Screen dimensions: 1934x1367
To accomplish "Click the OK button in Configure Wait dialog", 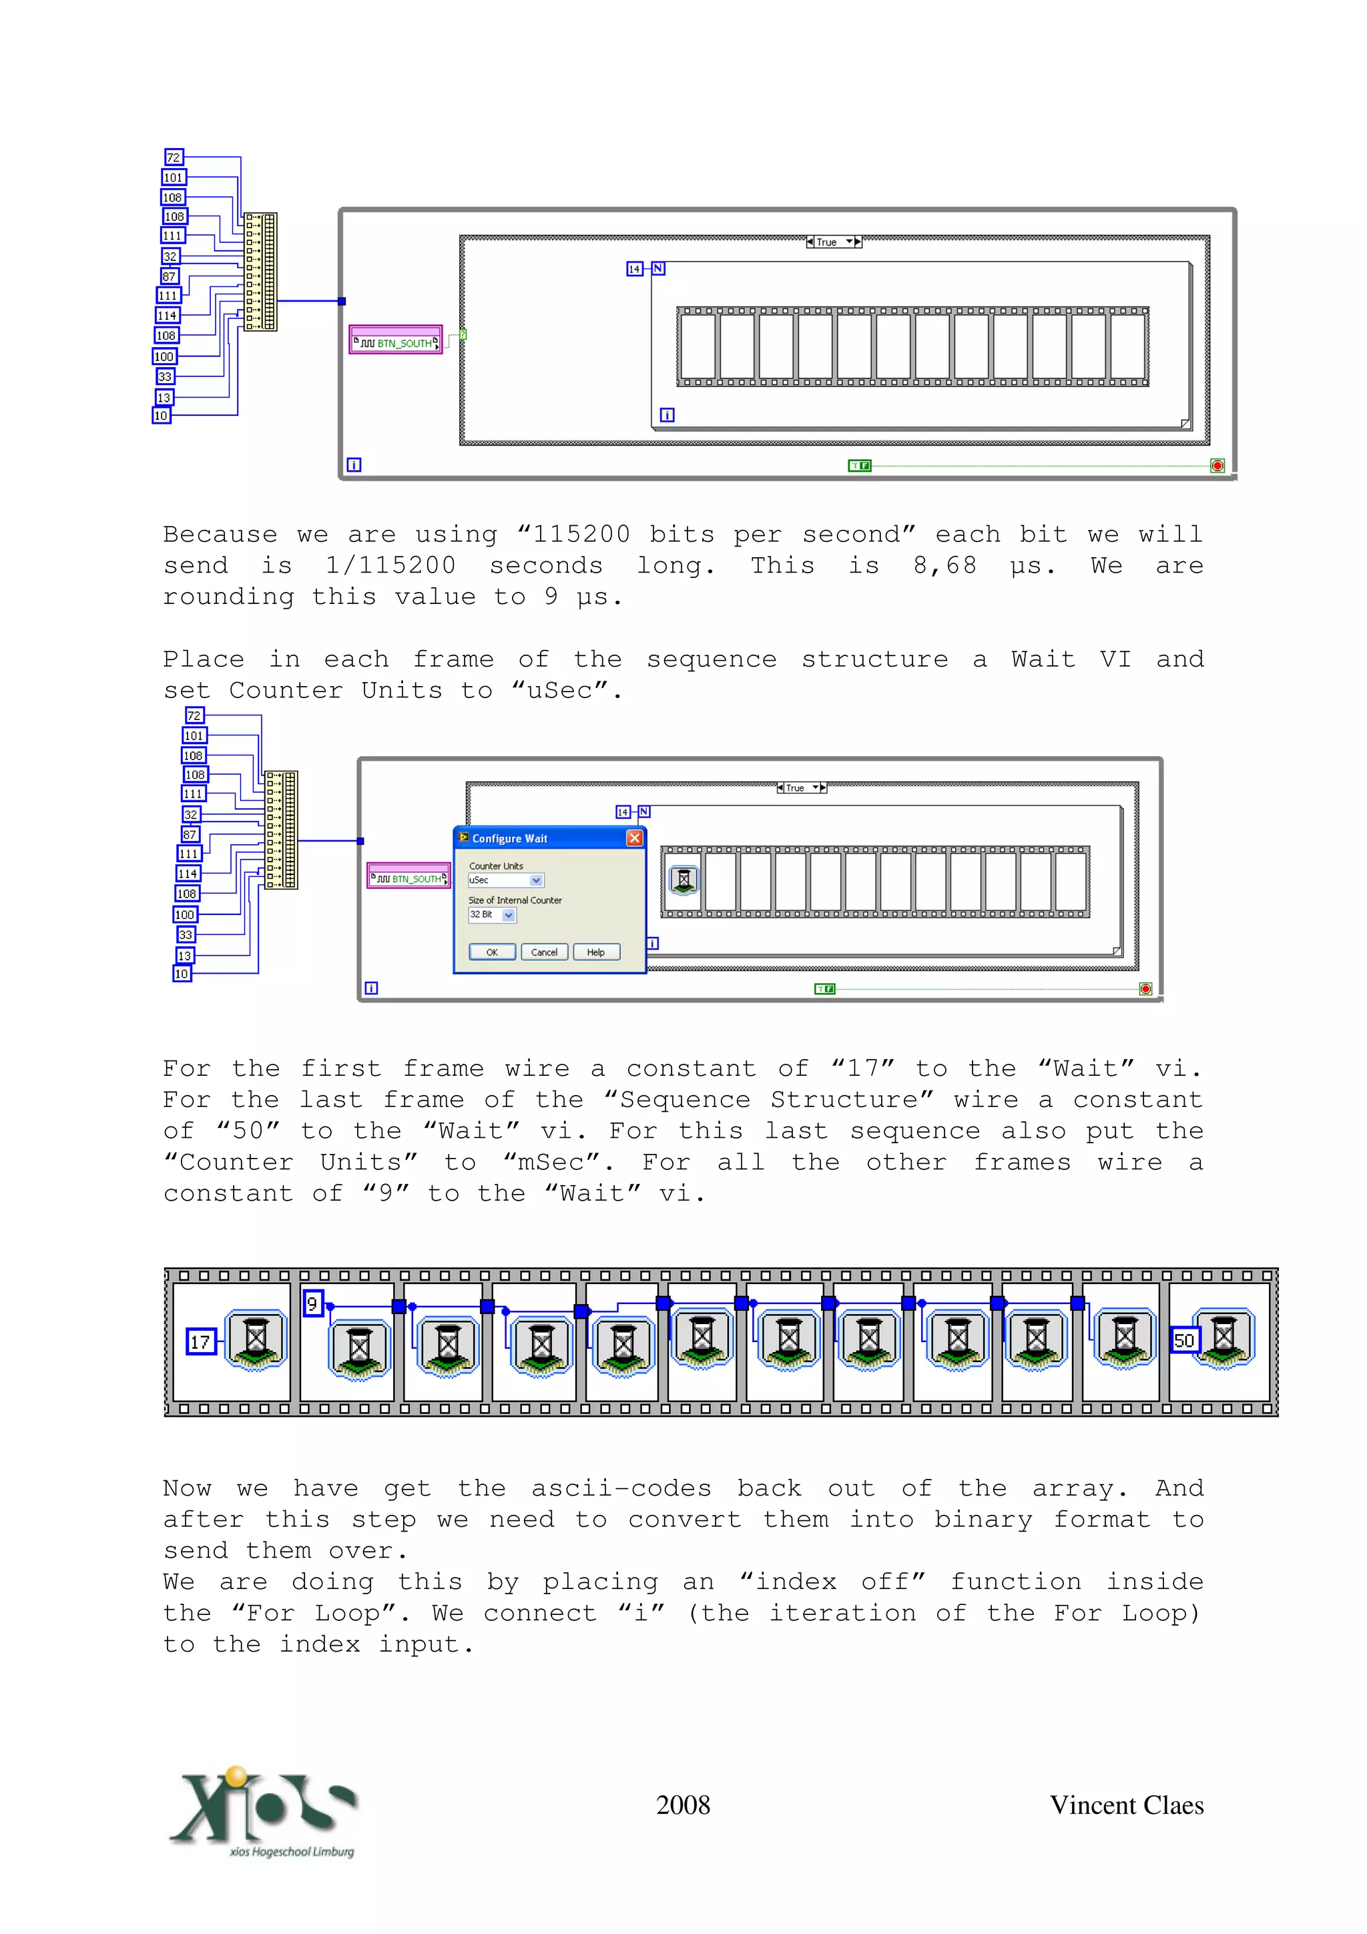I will point(492,952).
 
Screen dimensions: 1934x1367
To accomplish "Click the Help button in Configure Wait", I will point(596,952).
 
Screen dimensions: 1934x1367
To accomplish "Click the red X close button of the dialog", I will point(634,838).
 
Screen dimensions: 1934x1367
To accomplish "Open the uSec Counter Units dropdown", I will point(536,880).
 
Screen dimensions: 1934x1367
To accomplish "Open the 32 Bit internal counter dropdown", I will point(508,915).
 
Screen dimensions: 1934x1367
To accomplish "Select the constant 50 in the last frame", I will point(1183,1339).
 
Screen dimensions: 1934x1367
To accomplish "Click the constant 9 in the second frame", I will point(312,1303).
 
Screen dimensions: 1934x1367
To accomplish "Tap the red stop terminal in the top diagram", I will point(1217,466).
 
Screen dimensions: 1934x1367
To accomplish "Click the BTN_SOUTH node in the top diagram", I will point(396,342).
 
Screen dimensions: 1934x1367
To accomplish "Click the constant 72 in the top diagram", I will point(174,157).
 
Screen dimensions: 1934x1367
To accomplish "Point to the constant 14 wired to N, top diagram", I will point(634,269).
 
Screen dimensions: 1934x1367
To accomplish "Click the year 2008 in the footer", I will point(682,1805).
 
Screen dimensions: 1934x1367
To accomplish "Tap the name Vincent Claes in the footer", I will point(1125,1805).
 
